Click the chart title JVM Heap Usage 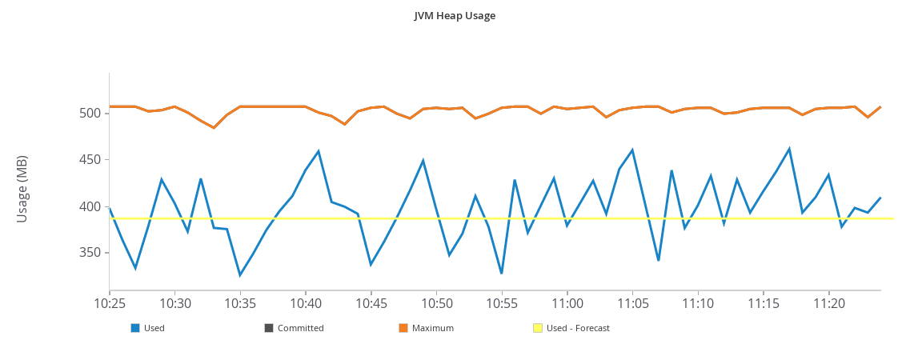point(455,15)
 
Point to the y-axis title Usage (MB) point(22,189)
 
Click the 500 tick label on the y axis point(90,114)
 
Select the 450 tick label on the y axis point(90,160)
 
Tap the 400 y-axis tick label point(90,207)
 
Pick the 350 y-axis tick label point(90,254)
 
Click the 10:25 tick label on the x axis point(110,304)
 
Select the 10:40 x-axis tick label point(306,304)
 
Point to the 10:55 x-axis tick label point(502,304)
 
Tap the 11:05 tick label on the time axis point(632,304)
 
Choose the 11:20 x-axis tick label point(828,304)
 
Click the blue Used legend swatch point(135,328)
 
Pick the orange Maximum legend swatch point(403,328)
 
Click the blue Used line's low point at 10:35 point(240,275)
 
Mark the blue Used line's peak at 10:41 point(319,150)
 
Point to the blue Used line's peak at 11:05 point(632,150)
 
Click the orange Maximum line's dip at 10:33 point(214,127)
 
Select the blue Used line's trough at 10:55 point(502,274)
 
